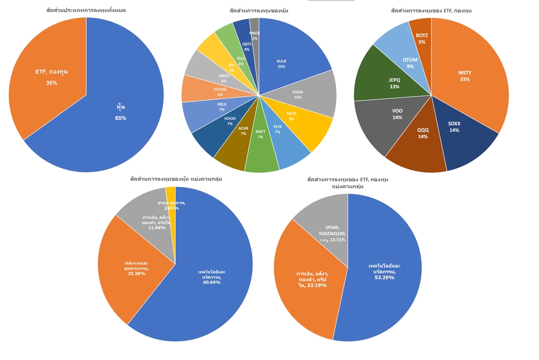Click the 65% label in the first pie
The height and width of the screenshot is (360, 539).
click(x=121, y=118)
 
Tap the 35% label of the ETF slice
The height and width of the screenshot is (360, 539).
click(x=52, y=83)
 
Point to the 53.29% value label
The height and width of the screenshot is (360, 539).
click(x=384, y=276)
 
